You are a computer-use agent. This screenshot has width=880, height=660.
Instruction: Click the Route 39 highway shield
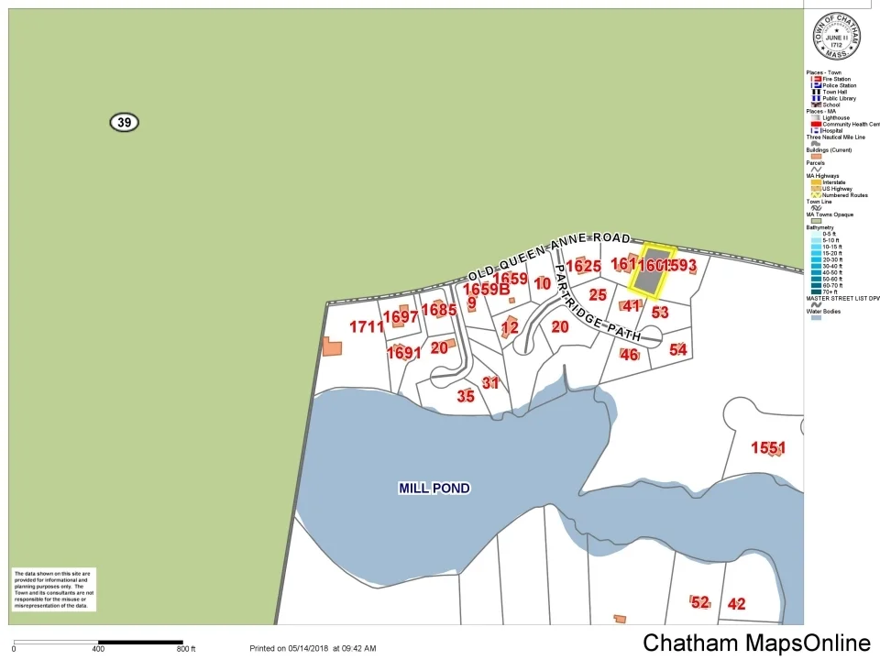[124, 122]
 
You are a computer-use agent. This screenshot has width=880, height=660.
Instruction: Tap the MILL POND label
[434, 489]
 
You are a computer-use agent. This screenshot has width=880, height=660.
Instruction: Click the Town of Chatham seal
[837, 38]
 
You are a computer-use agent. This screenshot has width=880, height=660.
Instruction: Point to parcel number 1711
[367, 327]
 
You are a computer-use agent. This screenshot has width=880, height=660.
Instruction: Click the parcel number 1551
[768, 448]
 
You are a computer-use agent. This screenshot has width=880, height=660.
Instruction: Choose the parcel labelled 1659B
[486, 290]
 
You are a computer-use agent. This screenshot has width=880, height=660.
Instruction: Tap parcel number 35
[466, 396]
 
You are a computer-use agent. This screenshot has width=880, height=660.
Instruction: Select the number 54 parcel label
[678, 349]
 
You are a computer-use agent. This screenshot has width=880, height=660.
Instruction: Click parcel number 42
[736, 604]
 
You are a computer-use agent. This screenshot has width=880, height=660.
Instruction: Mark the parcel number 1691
[403, 353]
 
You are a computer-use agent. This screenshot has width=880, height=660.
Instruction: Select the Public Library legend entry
[839, 98]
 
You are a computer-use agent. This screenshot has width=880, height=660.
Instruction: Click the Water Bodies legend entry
[823, 312]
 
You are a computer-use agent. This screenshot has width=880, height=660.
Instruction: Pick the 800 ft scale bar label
[186, 649]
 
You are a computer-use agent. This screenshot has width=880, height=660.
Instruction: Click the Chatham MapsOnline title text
[756, 643]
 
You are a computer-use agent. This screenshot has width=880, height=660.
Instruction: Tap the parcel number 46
[629, 355]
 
